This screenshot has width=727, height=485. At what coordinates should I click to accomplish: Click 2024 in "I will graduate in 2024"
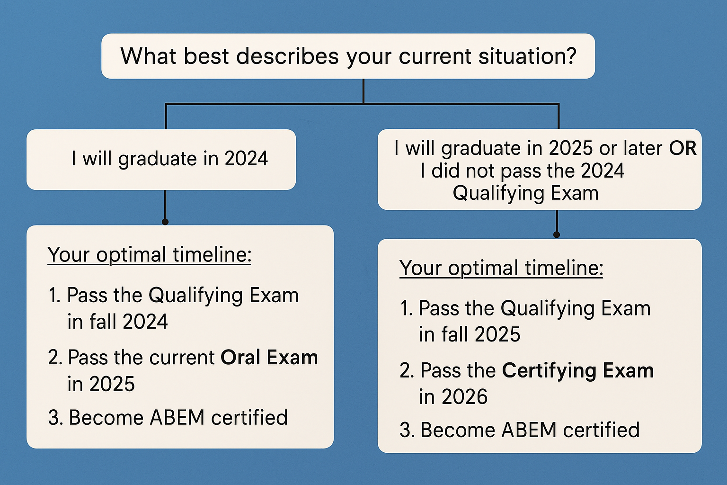pos(246,159)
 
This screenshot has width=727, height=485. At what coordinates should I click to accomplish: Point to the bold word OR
pos(683,148)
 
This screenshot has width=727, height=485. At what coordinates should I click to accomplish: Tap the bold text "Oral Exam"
pos(269,358)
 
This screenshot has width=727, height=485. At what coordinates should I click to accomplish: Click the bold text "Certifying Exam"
pos(577,370)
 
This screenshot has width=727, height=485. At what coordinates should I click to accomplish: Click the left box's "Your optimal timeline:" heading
pos(149,255)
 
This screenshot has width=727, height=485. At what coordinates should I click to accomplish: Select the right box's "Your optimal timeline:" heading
pos(501,268)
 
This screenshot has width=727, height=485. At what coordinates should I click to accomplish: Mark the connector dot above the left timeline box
pos(165,222)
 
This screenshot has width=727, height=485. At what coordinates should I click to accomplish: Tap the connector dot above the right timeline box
pos(557,234)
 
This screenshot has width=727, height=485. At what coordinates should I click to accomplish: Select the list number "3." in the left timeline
pos(55,418)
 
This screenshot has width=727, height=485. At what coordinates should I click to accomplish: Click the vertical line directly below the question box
pos(363,91)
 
